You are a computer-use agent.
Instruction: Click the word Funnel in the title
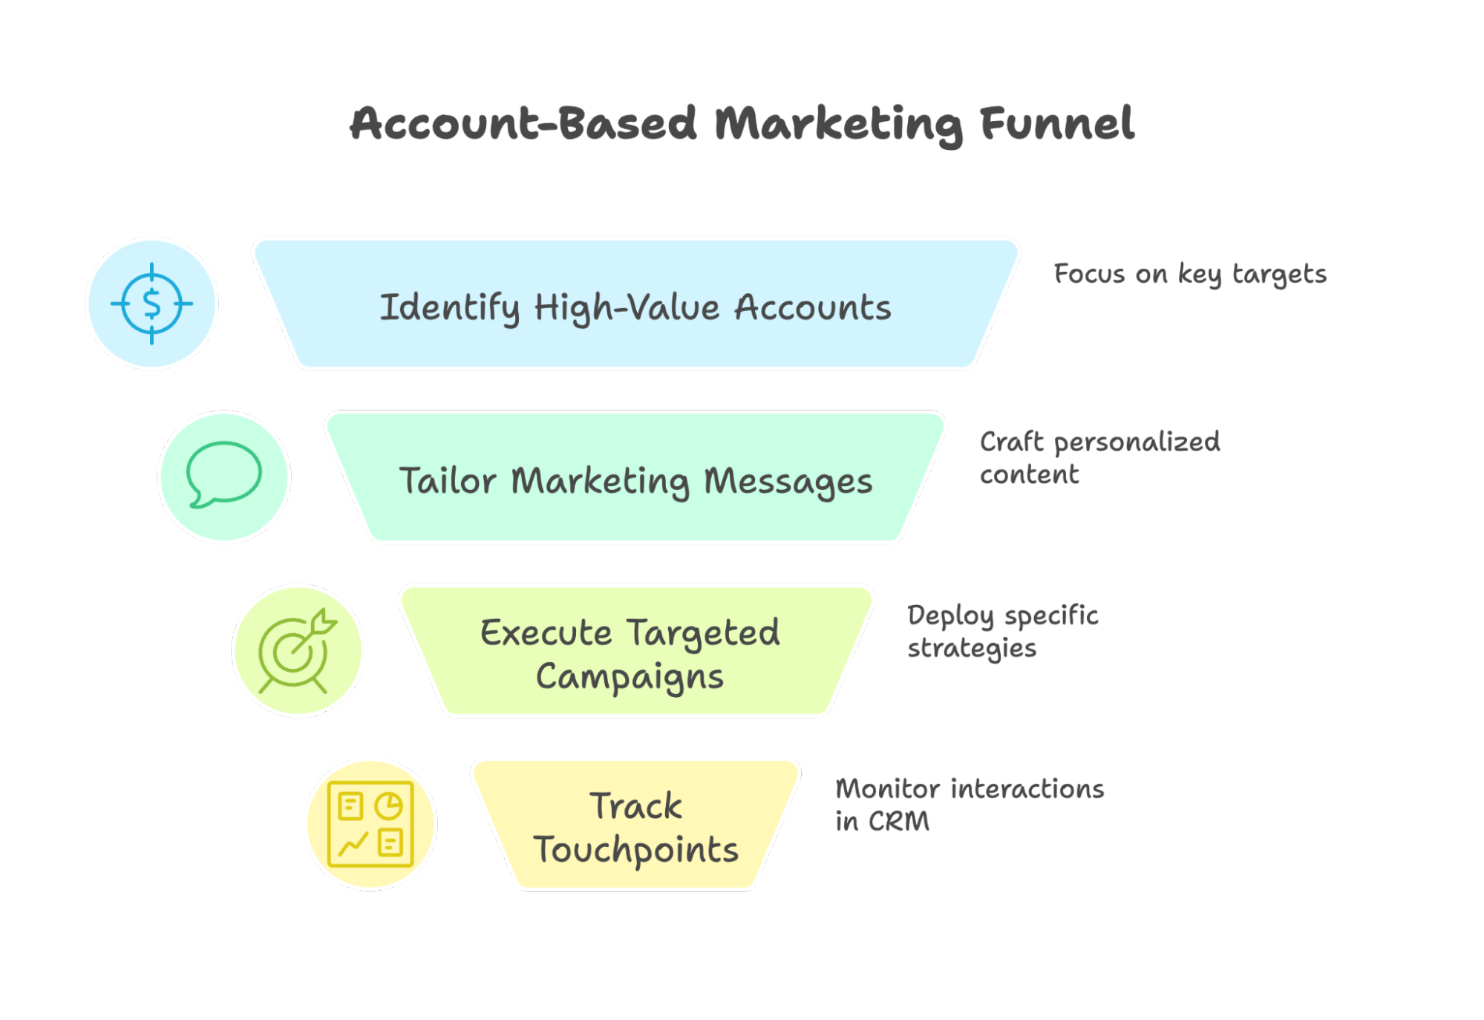tap(1056, 123)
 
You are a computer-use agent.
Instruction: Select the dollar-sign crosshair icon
tap(151, 304)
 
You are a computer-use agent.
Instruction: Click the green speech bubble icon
tap(223, 475)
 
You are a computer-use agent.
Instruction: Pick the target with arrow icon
tap(296, 651)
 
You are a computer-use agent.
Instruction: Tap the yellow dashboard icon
tap(370, 824)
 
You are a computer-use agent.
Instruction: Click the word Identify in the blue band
tap(449, 308)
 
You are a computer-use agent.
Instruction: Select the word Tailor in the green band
tap(447, 480)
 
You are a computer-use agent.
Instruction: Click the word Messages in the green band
tap(788, 481)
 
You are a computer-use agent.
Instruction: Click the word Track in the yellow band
tap(635, 806)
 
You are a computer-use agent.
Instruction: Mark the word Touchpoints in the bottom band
tap(635, 849)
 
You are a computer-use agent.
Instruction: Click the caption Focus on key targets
tap(1189, 274)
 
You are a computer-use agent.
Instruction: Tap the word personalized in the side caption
tap(1137, 442)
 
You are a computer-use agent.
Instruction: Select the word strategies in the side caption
tap(971, 648)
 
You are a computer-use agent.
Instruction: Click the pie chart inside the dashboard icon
tap(388, 805)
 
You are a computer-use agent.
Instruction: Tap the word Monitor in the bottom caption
tap(887, 788)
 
